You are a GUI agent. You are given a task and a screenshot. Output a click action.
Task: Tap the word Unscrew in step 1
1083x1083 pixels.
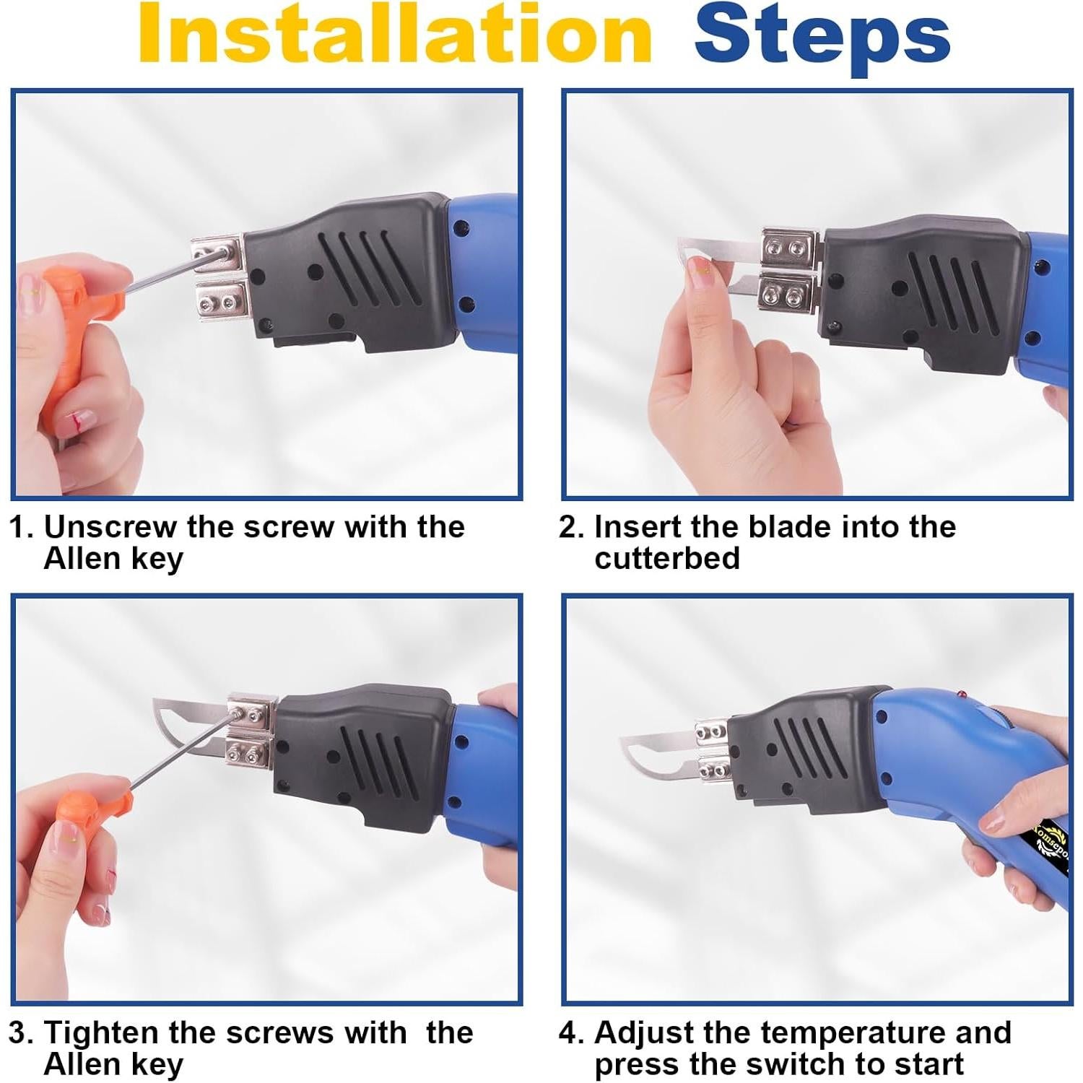coord(110,527)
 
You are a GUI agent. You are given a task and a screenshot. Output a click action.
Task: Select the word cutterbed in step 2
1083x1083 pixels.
coord(667,558)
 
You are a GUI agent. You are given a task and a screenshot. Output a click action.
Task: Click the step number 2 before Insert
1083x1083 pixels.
coord(570,527)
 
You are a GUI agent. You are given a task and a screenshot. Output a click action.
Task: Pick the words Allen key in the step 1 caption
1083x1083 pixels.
coord(113,560)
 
